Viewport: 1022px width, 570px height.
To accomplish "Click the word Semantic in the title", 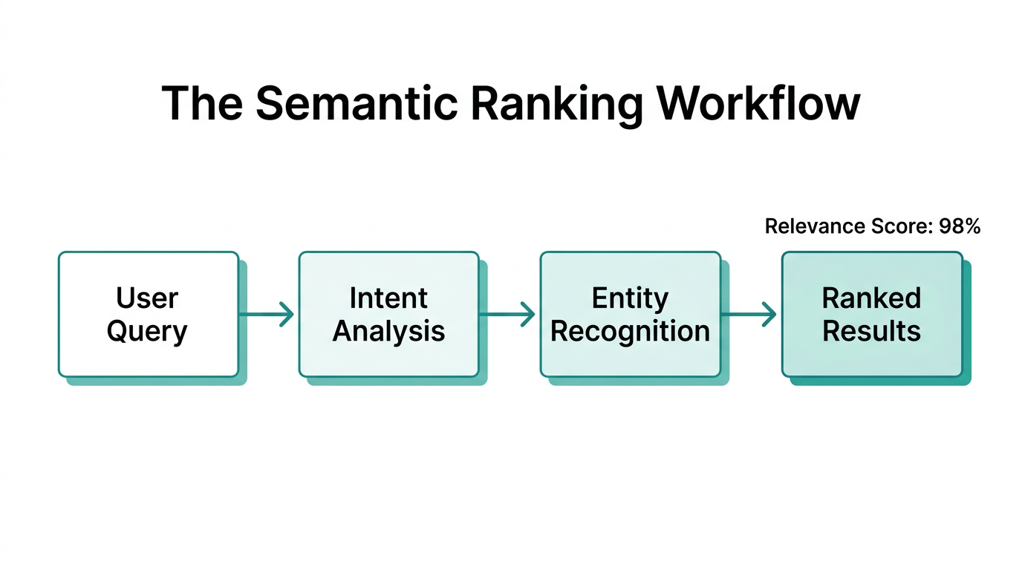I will (x=356, y=103).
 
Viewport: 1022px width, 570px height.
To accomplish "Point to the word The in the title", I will (x=201, y=103).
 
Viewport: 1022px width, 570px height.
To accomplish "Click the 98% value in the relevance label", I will (x=959, y=226).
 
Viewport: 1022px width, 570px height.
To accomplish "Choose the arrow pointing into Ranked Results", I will (x=749, y=314).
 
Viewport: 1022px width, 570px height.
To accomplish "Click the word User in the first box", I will (x=147, y=298).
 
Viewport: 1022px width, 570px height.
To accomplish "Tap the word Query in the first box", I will (x=147, y=331).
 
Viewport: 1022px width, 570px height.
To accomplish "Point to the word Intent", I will (x=388, y=298).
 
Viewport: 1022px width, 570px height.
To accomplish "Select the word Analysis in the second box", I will (x=388, y=331).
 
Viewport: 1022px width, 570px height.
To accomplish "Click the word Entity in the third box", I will (x=630, y=298).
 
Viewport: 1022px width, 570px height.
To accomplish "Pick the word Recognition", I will (x=630, y=331).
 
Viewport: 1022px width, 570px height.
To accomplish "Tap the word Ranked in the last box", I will (x=871, y=298).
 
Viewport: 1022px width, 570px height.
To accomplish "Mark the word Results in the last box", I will (x=871, y=331).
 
